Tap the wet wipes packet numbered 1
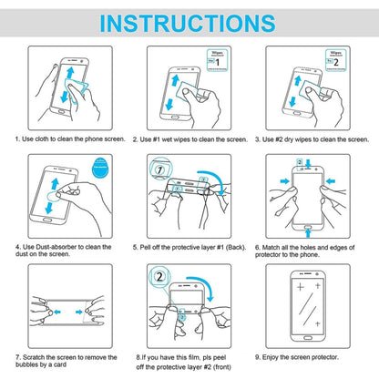tap(218, 63)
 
